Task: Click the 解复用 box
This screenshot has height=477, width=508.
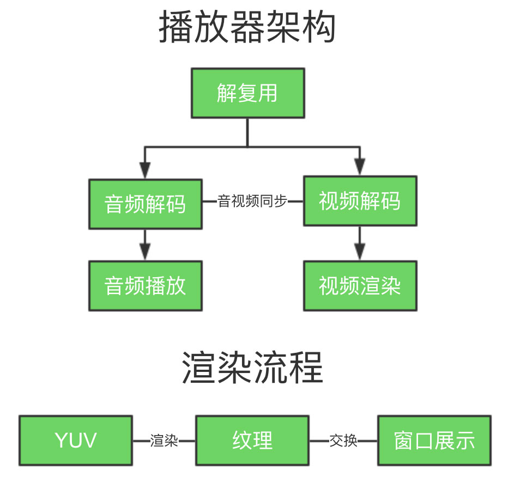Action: pos(247,93)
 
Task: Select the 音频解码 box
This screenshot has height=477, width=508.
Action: pos(145,204)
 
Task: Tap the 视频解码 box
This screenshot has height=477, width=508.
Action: pos(360,201)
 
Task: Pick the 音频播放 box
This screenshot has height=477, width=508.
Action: pos(145,286)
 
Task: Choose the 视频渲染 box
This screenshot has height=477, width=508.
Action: pos(360,286)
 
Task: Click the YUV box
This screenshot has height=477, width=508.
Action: pos(76,441)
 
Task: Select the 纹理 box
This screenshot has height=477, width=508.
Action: pos(252,441)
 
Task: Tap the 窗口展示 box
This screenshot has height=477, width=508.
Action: pos(434,441)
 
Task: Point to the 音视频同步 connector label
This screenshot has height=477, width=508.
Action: pos(252,201)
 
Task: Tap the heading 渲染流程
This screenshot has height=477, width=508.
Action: pos(252,368)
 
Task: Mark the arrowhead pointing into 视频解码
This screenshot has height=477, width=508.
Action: pos(359,167)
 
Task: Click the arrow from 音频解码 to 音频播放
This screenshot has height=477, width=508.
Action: pos(144,245)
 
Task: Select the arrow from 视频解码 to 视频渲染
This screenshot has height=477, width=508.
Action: pos(359,243)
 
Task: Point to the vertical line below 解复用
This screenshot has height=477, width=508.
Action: pos(247,132)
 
